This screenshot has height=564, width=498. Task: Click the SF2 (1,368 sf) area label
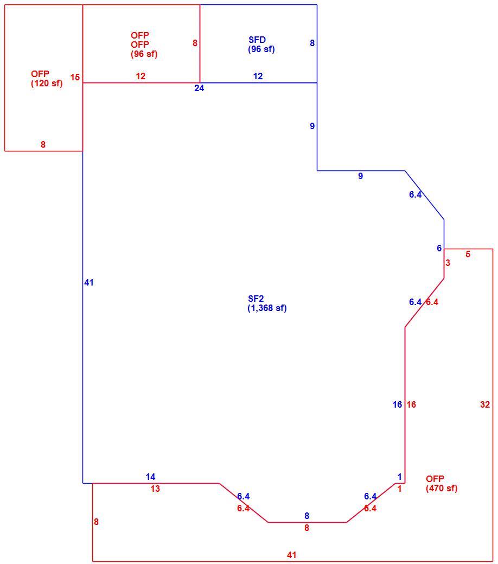[267, 303]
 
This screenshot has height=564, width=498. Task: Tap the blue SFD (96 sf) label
[261, 45]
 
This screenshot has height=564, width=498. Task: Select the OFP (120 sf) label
[47, 78]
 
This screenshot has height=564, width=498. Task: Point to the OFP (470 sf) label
[442, 484]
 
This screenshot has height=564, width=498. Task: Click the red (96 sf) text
[144, 54]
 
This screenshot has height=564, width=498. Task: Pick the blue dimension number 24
[199, 88]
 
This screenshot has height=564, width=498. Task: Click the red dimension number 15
[75, 77]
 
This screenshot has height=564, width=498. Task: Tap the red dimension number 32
[484, 404]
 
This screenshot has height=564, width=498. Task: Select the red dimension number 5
[468, 254]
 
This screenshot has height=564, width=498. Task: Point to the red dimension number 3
[448, 263]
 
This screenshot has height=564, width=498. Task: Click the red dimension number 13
[155, 489]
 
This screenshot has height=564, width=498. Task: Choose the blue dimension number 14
[150, 477]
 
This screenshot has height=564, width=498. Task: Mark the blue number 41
[89, 283]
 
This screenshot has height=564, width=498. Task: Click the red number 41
[292, 555]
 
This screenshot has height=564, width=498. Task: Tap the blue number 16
[397, 404]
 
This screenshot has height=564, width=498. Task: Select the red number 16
[411, 404]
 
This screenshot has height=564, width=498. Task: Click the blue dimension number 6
[439, 248]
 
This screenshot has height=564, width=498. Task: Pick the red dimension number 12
[141, 76]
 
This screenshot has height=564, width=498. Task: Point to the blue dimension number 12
[258, 76]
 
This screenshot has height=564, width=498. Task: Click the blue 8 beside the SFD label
[312, 43]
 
